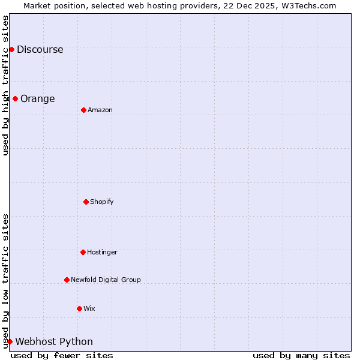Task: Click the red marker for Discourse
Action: pos(11,49)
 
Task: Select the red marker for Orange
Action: pos(15,98)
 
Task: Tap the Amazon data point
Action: pos(83,110)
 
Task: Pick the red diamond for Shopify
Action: pos(86,202)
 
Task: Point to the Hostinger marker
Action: pos(83,252)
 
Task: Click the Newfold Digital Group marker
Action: pos(67,280)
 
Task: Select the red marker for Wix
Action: pos(79,308)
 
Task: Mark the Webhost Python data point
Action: pos(10,341)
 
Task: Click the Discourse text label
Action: pos(40,50)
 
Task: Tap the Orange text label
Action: pos(37,99)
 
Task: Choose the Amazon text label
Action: pos(100,110)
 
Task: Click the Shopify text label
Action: pos(101,202)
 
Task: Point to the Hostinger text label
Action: pos(102,253)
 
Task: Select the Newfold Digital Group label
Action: pos(106,280)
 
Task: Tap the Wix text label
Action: pos(89,309)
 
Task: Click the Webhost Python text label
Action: pos(54,342)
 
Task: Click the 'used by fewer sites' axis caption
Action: pos(62,356)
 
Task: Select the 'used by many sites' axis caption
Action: pos(301,356)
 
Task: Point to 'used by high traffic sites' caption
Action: pos(6,85)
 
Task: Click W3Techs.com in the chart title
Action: pos(308,5)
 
